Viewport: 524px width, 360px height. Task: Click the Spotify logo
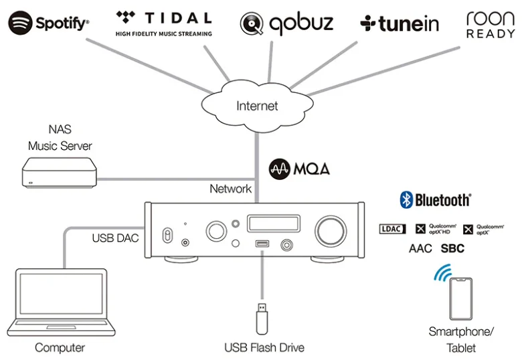49,23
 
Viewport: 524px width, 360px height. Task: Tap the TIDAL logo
163,21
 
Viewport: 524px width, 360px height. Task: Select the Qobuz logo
286,23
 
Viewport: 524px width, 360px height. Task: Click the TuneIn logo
400,23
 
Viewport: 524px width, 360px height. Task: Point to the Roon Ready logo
490,24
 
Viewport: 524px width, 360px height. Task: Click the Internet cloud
257,106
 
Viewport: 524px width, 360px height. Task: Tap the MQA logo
299,167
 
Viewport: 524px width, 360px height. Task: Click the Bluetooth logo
435,199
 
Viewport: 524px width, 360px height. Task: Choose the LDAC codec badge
393,229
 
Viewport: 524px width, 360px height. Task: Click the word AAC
420,249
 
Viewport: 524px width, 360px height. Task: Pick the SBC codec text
452,249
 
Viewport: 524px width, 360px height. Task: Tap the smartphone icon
460,298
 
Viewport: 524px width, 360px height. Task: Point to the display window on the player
269,223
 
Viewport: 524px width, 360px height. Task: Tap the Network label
230,189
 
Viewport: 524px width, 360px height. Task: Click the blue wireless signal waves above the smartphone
442,274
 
